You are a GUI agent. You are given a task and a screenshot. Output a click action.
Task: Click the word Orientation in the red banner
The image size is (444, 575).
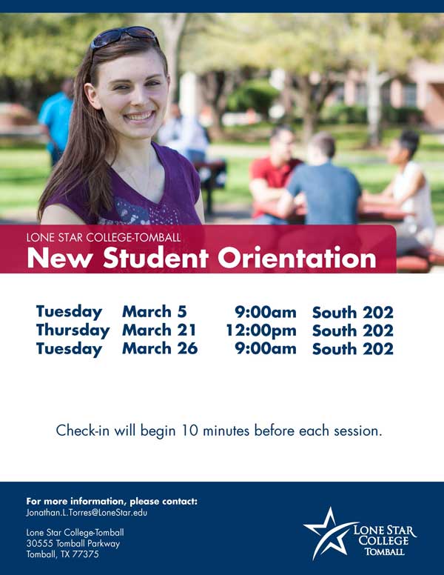pyautogui.click(x=297, y=257)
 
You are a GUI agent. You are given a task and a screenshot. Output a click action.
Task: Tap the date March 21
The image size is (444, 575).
pyautogui.click(x=159, y=330)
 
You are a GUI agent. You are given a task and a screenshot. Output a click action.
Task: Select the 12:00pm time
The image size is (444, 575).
pyautogui.click(x=260, y=330)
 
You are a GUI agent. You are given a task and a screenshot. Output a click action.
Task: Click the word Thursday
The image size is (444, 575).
pyautogui.click(x=73, y=330)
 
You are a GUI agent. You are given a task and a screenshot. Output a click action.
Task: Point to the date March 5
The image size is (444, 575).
pyautogui.click(x=155, y=312)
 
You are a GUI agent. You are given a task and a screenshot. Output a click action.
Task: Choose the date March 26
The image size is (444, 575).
pyautogui.click(x=160, y=348)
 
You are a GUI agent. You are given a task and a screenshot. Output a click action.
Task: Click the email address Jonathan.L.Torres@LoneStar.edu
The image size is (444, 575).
pyautogui.click(x=87, y=512)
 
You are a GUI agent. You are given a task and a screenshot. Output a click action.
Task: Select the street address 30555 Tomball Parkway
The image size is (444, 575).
pyautogui.click(x=73, y=543)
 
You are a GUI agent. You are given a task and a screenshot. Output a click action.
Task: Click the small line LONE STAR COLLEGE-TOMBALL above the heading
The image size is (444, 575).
pyautogui.click(x=104, y=238)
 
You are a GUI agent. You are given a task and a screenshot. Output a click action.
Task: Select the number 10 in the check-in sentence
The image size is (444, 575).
pyautogui.click(x=190, y=431)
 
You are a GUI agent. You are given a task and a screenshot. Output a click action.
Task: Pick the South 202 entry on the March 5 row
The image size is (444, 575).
pyautogui.click(x=353, y=313)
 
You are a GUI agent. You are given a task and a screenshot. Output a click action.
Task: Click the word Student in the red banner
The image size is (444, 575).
pyautogui.click(x=155, y=257)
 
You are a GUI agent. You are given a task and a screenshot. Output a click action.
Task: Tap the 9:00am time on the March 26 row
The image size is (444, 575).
pyautogui.click(x=266, y=348)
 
